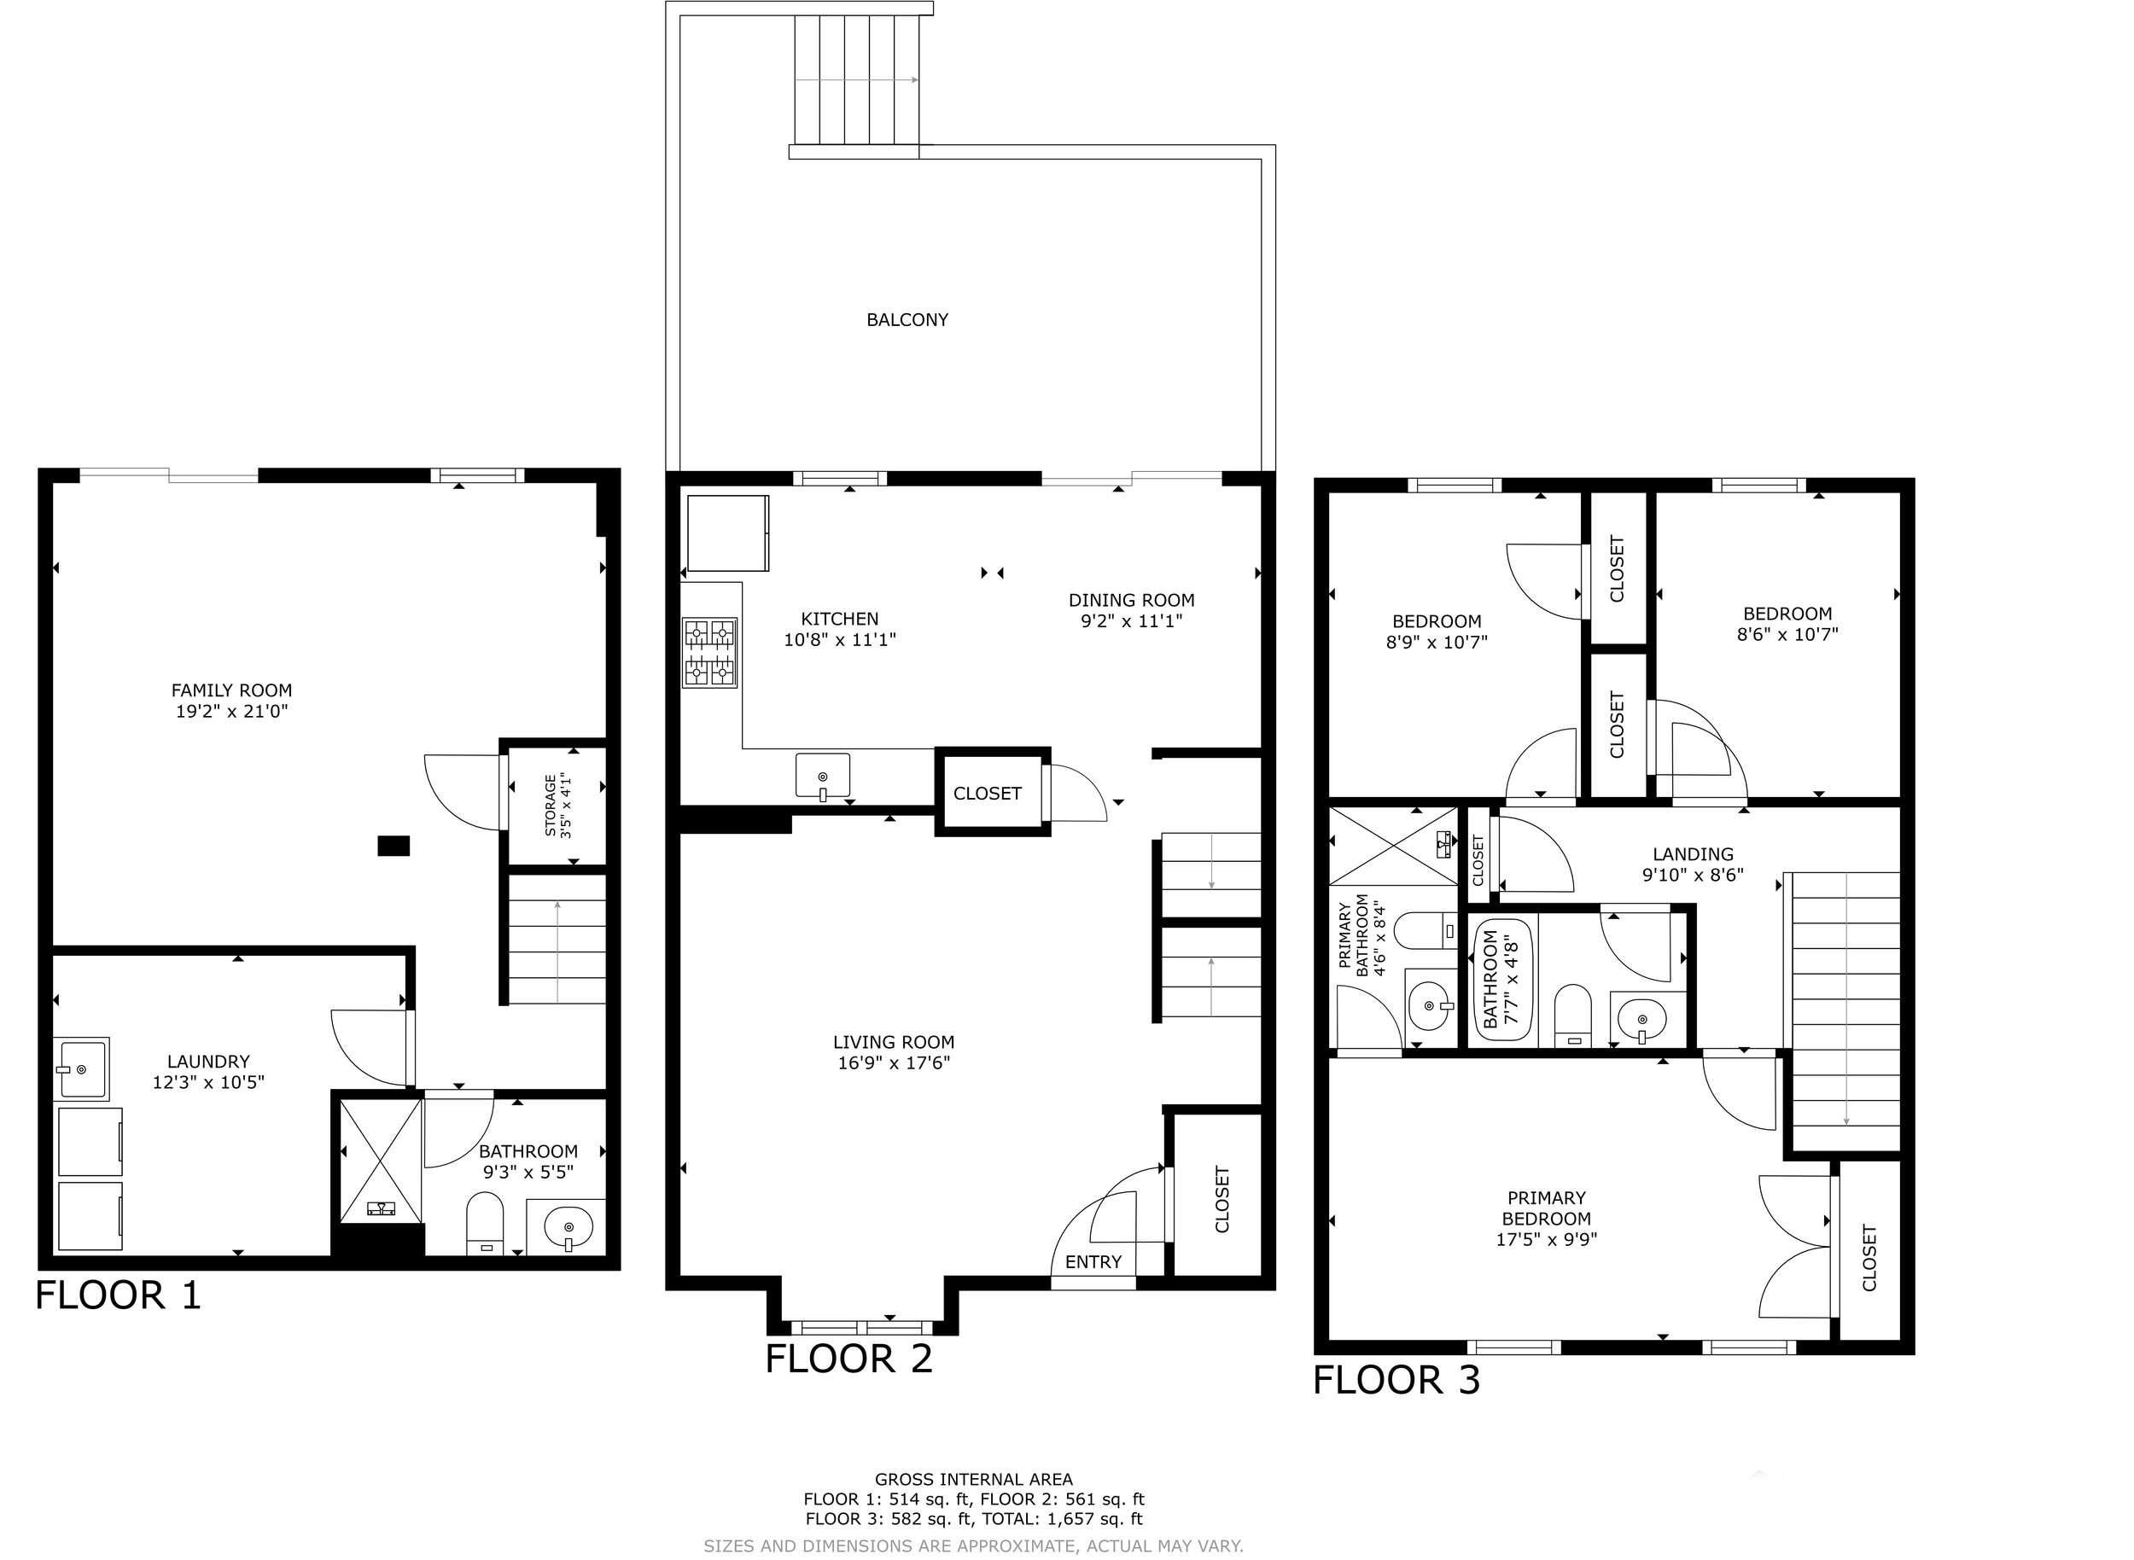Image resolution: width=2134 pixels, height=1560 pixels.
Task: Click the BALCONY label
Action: click(x=907, y=320)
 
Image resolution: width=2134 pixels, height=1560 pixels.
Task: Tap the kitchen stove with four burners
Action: click(x=709, y=653)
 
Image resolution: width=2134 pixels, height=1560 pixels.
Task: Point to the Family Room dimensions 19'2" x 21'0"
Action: click(x=231, y=711)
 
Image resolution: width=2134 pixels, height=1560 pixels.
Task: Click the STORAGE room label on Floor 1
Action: click(x=551, y=806)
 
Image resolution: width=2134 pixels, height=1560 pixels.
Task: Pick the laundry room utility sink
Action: click(x=82, y=1069)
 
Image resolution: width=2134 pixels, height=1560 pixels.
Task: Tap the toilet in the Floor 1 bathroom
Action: click(x=486, y=1224)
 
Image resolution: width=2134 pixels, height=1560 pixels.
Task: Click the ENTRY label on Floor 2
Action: click(x=1093, y=1262)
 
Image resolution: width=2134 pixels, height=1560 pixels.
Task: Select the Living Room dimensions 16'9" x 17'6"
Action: click(x=894, y=1063)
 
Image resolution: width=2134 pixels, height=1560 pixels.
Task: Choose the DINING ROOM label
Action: click(x=1132, y=601)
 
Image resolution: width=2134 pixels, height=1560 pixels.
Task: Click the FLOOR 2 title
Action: click(x=848, y=1359)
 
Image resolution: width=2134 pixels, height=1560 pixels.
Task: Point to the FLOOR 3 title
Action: click(x=1396, y=1380)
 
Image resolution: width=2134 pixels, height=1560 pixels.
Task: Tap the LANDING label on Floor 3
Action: click(x=1693, y=854)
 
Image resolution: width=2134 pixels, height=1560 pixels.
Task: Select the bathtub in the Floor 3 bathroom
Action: click(x=1503, y=981)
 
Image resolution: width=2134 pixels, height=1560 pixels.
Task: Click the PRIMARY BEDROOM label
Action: click(x=1547, y=1208)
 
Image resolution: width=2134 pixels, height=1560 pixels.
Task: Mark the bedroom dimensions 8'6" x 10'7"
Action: click(x=1787, y=635)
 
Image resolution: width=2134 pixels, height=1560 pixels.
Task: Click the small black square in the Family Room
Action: click(x=393, y=846)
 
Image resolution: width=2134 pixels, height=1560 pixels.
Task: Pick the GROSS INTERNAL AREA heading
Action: click(x=973, y=1480)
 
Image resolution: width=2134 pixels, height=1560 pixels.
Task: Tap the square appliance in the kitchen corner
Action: click(x=727, y=533)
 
